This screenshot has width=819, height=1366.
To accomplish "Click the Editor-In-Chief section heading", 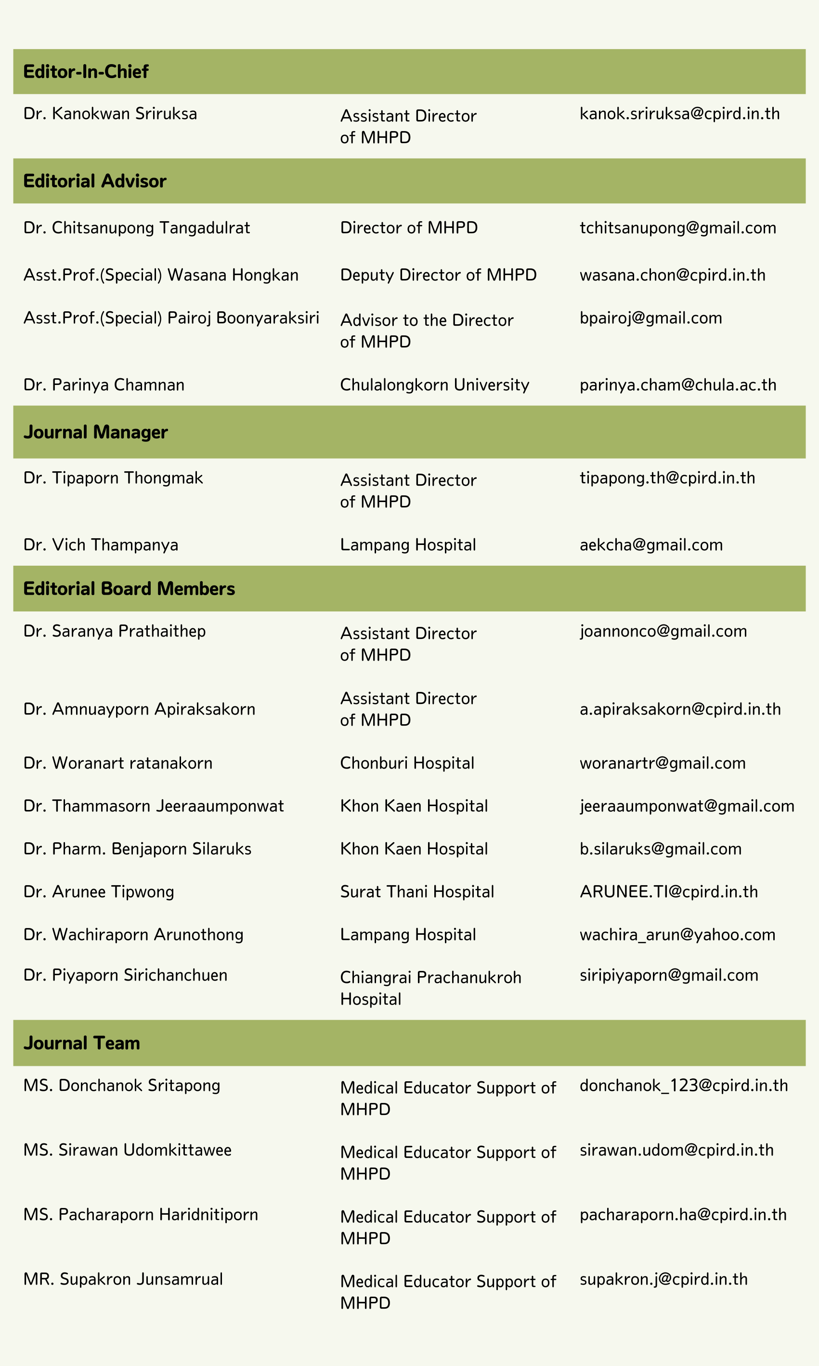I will pyautogui.click(x=86, y=72).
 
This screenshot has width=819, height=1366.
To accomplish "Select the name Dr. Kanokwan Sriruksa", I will pyautogui.click(x=110, y=114).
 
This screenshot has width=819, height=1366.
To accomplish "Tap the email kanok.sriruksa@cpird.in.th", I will pyautogui.click(x=679, y=114).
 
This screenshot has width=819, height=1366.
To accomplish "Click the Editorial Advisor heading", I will pyautogui.click(x=94, y=181).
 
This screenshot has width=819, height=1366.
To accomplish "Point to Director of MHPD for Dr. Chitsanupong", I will pyautogui.click(x=408, y=228).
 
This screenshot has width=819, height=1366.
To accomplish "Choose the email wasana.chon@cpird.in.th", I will pyautogui.click(x=672, y=275).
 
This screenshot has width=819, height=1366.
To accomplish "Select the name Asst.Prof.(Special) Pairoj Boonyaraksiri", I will pyautogui.click(x=171, y=318).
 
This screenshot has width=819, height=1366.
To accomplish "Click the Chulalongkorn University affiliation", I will pyautogui.click(x=434, y=385).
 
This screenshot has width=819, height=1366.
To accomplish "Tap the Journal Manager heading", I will pyautogui.click(x=95, y=432).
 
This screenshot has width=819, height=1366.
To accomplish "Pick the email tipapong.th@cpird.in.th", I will pyautogui.click(x=667, y=478).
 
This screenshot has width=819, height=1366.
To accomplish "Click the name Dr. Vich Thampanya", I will pyautogui.click(x=101, y=545).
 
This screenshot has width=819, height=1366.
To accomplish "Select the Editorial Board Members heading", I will pyautogui.click(x=129, y=589).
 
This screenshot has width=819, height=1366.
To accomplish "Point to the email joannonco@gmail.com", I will pyautogui.click(x=663, y=631).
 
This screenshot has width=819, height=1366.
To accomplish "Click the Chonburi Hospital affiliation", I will pyautogui.click(x=407, y=763).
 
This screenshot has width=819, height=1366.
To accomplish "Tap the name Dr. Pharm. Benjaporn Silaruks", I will pyautogui.click(x=137, y=849).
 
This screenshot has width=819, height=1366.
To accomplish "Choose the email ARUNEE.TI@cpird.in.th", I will pyautogui.click(x=668, y=892).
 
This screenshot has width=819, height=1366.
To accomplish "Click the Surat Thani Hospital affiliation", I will pyautogui.click(x=416, y=892).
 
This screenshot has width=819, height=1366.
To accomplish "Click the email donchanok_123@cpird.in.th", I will pyautogui.click(x=683, y=1086).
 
